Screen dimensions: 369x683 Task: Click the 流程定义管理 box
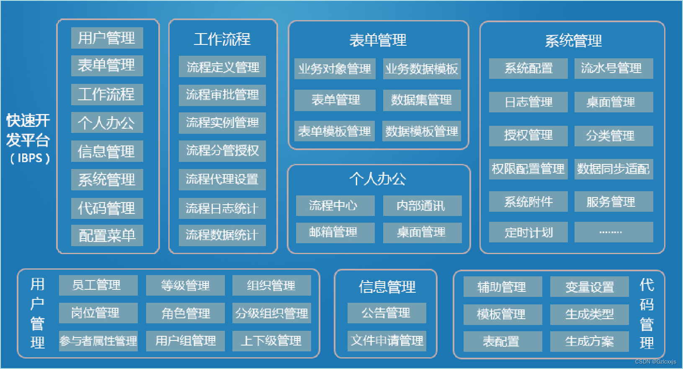222,67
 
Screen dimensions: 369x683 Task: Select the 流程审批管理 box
222,95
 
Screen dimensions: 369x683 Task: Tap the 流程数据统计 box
222,235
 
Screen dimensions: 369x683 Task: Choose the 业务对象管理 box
335,69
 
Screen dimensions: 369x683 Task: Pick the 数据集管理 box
422,100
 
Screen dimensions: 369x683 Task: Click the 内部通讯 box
422,205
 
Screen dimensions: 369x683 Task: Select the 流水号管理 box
613,68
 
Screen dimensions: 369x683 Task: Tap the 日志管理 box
528,102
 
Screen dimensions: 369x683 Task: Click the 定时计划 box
528,232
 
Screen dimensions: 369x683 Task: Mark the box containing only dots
613,232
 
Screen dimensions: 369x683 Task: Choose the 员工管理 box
98,285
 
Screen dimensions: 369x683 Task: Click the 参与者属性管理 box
98,341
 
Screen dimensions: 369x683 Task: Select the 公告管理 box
387,313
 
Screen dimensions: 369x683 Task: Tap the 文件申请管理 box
387,340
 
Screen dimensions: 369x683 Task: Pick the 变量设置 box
589,287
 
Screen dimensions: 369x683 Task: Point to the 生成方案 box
589,341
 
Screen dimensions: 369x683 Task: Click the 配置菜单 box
107,235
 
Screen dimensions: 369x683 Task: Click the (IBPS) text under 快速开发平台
30,158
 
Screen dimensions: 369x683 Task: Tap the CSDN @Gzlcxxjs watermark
655,361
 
